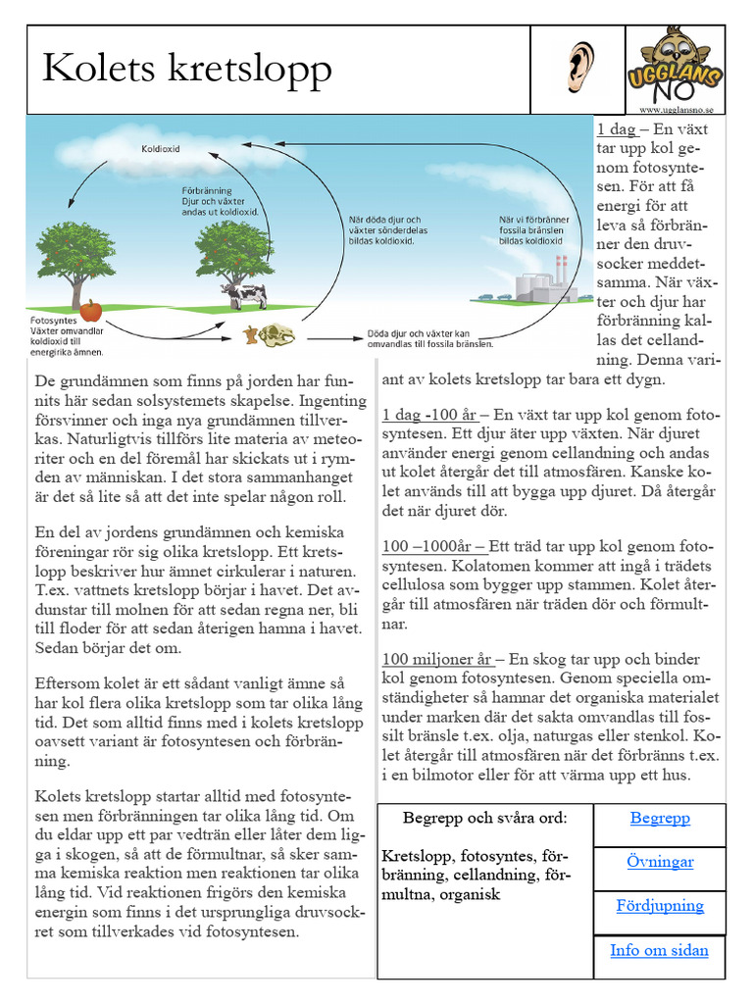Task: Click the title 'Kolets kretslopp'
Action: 186,70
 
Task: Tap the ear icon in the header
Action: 580,68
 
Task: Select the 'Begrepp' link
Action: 660,818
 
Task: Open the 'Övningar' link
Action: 660,862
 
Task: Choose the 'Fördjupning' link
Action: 660,905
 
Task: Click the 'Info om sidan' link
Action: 660,949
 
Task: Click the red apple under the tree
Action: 91,311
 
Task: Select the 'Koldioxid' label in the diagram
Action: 161,150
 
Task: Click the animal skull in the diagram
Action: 276,333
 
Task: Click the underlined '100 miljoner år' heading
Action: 437,659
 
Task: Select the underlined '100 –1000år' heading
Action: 433,546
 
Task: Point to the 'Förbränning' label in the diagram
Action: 208,190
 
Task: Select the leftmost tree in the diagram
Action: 75,260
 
